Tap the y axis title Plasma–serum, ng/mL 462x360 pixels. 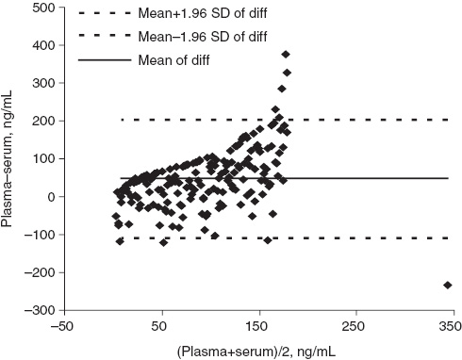pyautogui.click(x=11, y=158)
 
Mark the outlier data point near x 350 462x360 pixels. pyautogui.click(x=447, y=285)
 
